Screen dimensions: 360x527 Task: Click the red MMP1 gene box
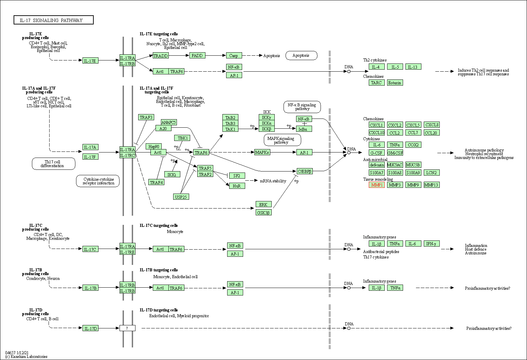click(377, 185)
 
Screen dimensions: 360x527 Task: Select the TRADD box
click(161, 56)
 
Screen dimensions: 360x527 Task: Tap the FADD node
click(197, 55)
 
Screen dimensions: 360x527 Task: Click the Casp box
click(234, 55)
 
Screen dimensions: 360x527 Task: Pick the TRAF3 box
click(146, 117)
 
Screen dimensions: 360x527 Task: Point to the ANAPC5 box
click(169, 122)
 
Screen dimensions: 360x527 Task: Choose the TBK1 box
click(183, 138)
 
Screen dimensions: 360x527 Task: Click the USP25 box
click(181, 197)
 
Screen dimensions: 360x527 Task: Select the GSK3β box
click(263, 213)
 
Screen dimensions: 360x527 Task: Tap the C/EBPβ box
click(304, 171)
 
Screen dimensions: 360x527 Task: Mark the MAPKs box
click(262, 152)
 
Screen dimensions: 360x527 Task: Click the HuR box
click(237, 186)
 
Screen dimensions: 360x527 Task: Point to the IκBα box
click(304, 129)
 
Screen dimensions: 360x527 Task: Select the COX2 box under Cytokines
click(413, 145)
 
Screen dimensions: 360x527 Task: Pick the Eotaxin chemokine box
click(395, 83)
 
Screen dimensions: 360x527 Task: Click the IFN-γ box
click(431, 244)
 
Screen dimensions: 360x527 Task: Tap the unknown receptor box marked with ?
click(127, 328)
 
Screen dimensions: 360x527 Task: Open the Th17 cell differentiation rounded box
click(53, 164)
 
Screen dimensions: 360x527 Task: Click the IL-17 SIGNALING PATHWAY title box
click(54, 20)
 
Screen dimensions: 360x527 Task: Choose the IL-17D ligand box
click(90, 328)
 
